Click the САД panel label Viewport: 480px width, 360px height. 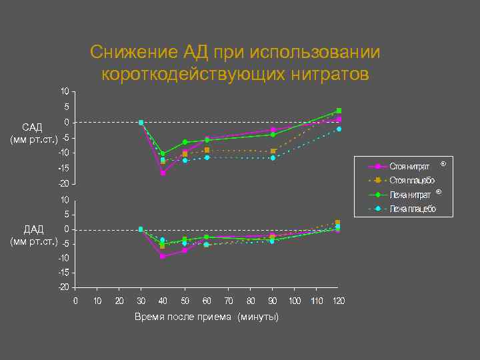(32, 127)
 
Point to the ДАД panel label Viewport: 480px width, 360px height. (32, 229)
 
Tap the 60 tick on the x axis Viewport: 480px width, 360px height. (207, 301)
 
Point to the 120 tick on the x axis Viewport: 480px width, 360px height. (338, 301)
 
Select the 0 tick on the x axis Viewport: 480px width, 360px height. (75, 301)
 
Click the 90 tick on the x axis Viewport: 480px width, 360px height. (273, 301)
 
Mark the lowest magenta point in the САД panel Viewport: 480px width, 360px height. (163, 173)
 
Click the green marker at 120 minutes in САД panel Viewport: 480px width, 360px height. (339, 111)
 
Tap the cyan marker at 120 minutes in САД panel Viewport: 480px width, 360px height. (339, 129)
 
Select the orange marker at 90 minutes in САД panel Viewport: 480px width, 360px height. (273, 151)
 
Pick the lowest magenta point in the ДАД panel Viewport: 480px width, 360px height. (163, 256)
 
